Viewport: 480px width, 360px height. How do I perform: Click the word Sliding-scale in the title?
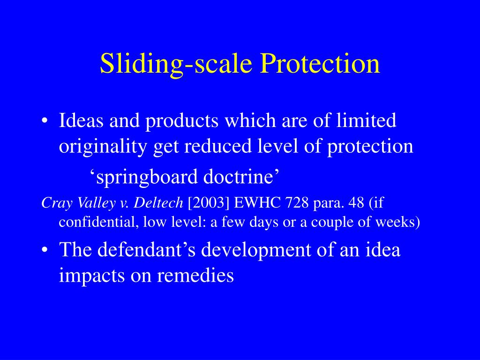point(176,64)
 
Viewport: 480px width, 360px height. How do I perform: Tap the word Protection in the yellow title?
point(320,63)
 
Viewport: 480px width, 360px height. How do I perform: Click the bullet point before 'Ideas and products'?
point(45,120)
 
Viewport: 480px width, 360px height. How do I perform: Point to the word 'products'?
point(182,121)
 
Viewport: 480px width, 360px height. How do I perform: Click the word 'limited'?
point(366,120)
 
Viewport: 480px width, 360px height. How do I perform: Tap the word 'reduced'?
point(217,146)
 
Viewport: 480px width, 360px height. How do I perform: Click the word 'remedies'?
point(195,275)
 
